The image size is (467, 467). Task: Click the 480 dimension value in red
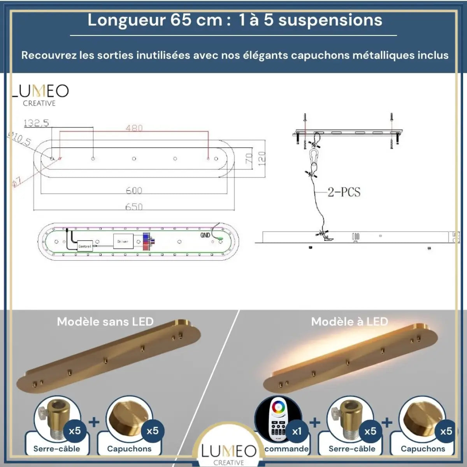tap(134, 128)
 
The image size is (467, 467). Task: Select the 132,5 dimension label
tap(36, 123)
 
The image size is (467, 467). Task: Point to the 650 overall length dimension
tap(134, 207)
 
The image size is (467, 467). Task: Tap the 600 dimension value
tap(134, 190)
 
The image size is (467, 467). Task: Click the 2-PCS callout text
tap(344, 192)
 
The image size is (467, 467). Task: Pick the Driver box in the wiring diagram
tap(123, 242)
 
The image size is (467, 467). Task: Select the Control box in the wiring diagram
tap(85, 246)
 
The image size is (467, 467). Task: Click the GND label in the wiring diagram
tap(205, 235)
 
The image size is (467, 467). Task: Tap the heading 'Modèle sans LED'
tap(105, 322)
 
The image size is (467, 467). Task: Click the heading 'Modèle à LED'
tap(349, 322)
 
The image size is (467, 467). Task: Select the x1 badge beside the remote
tap(297, 431)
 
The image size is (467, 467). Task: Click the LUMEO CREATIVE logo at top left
tap(40, 95)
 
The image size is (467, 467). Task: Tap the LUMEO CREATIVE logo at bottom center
tap(229, 454)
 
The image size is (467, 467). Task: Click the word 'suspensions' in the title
tap(330, 20)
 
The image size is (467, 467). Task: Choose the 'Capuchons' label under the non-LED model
tap(129, 449)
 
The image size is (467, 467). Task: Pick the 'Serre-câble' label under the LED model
tap(352, 449)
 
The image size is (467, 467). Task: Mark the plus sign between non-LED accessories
tap(94, 422)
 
